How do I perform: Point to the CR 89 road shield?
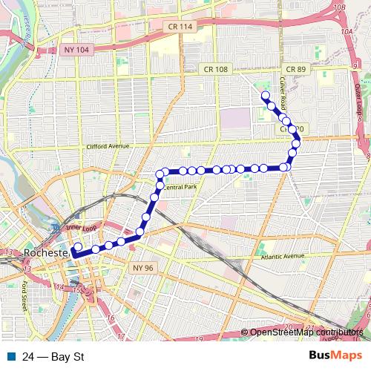pos(296,69)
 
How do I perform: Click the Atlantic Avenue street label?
pos(283,257)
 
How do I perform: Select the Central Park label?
pos(181,187)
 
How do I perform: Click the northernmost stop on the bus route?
pos(265,96)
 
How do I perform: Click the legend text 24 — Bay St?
pos(53,357)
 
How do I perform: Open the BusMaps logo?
pos(335,356)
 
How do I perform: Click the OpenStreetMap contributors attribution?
pos(305,332)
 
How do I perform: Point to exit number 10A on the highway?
pos(346,32)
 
